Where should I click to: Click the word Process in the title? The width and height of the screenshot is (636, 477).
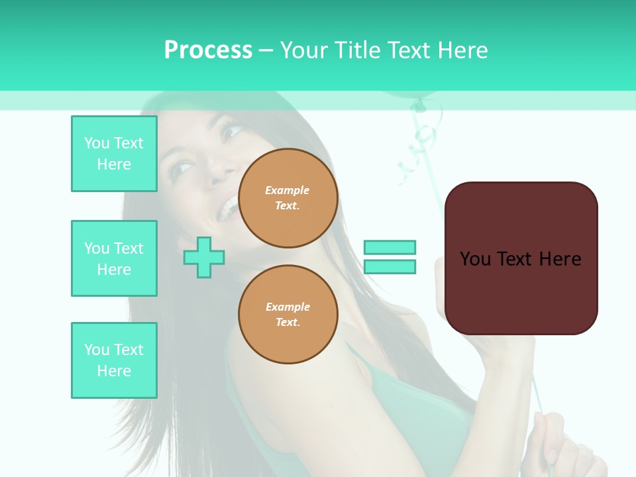(208, 50)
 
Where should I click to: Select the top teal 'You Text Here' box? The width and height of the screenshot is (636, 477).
(114, 154)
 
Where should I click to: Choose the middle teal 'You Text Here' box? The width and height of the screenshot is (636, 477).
(114, 258)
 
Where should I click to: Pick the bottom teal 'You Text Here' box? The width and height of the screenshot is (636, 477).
(114, 360)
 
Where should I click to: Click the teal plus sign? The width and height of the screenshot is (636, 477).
(204, 257)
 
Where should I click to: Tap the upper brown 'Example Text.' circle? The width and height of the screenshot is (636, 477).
(288, 198)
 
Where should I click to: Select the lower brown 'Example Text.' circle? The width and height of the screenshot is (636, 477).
(288, 315)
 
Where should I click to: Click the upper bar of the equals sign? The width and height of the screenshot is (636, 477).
(390, 247)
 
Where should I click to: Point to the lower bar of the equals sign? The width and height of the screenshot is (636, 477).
(390, 266)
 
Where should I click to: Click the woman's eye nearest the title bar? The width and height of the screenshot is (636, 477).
(231, 131)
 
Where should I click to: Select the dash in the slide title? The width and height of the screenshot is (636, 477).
(266, 50)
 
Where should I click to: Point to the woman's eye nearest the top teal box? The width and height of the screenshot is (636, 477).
(180, 169)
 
